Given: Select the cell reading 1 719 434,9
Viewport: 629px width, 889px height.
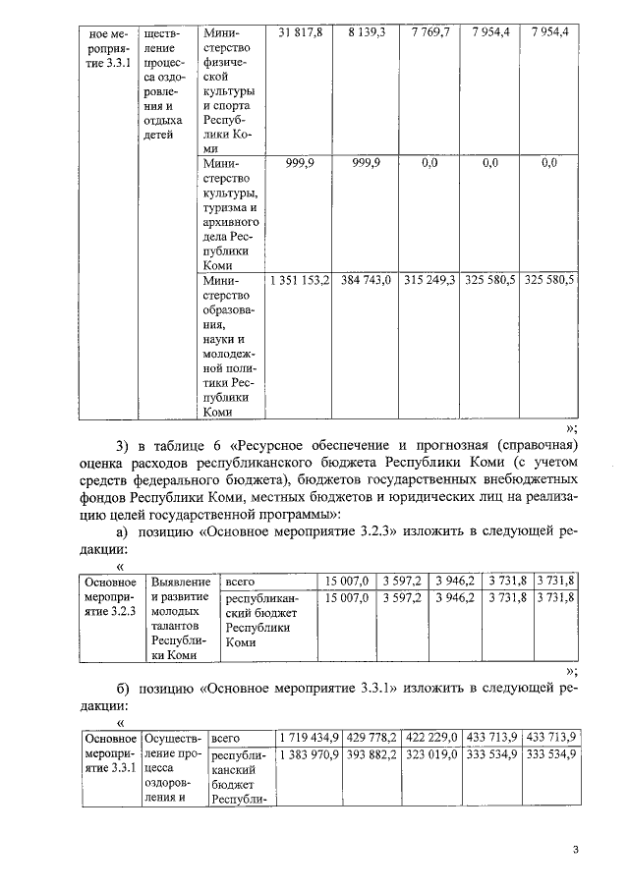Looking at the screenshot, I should point(309,737).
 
